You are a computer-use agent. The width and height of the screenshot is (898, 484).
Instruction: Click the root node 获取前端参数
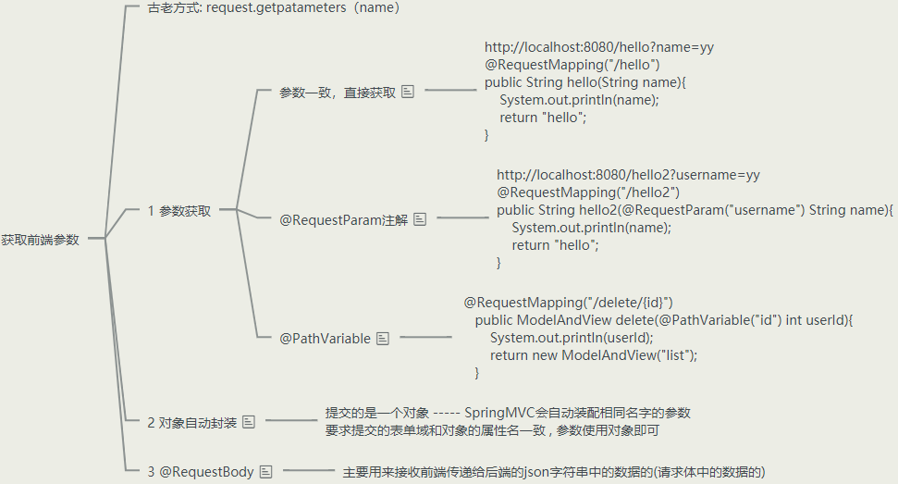coord(41,240)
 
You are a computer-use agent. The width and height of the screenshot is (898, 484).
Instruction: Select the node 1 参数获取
coord(179,211)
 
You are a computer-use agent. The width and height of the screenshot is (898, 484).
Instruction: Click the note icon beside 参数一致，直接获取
coord(408,92)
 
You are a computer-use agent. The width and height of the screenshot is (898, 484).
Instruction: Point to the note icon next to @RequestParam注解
coord(420,219)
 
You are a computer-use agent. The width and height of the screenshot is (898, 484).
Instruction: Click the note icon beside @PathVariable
coord(383,339)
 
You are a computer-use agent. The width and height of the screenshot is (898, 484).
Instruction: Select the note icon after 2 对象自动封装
coord(249,422)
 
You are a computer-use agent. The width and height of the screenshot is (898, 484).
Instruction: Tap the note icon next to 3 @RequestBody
coord(266,471)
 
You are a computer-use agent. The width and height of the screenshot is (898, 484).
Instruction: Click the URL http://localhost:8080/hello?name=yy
coord(598,47)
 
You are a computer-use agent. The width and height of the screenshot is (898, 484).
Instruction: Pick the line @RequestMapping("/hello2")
coord(588,192)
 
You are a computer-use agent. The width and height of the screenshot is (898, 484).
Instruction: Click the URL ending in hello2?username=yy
coord(628,175)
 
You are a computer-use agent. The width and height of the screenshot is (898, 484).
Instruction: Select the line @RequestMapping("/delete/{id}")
coord(568,303)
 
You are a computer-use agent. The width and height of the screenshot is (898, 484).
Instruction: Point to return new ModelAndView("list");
coord(593,355)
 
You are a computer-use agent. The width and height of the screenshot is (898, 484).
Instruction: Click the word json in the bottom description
coord(533,471)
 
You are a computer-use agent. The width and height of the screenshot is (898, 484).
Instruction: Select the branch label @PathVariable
coord(325,339)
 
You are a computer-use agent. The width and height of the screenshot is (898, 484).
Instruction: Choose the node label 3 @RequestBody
coord(200,471)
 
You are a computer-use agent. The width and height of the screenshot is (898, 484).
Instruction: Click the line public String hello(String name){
coord(585,82)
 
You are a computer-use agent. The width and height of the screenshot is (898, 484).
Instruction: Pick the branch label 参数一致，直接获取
coord(338,93)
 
